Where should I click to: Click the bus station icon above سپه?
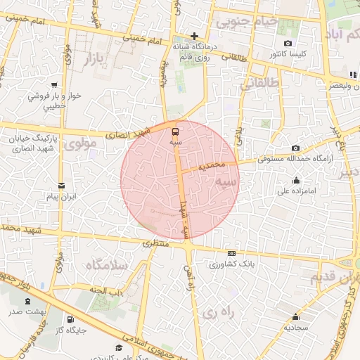[x=175, y=131]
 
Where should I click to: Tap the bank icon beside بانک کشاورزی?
[x=231, y=254]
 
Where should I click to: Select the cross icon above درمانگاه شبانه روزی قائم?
[x=195, y=36]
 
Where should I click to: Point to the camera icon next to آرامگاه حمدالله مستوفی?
[x=295, y=148]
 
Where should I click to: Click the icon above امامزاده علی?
[x=295, y=180]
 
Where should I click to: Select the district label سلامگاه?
[x=106, y=266]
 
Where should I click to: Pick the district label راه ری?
[x=214, y=311]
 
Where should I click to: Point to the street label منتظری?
[x=157, y=243]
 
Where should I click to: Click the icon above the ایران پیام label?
[x=61, y=186]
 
